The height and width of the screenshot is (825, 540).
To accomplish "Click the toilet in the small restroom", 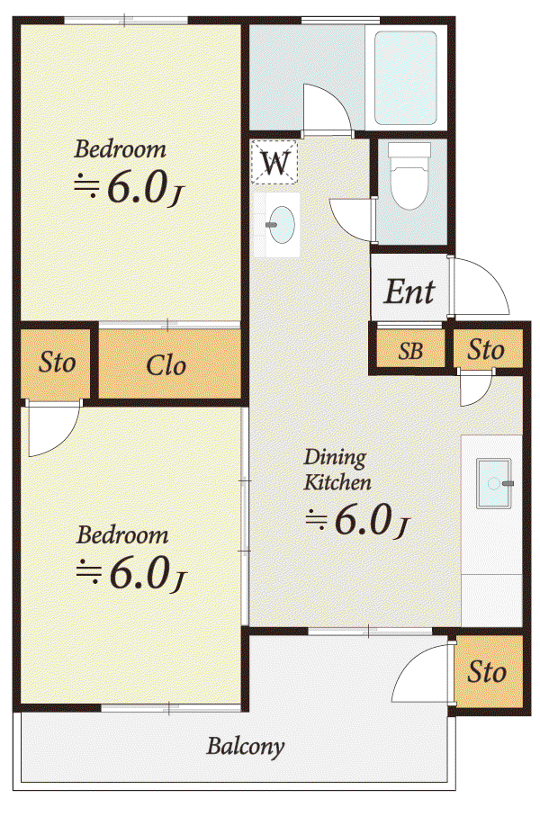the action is point(409,175).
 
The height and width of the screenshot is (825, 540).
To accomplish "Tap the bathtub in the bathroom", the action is point(405,77).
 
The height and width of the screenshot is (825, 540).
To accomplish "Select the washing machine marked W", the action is point(274,162).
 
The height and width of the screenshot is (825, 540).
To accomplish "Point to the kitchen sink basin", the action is point(494,483).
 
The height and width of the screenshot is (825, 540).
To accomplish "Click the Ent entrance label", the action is point(409,292).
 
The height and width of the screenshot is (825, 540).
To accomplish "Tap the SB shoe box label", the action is point(410,351).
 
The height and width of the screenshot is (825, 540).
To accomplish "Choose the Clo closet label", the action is point(166,365).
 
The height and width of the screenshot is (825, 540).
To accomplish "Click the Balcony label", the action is point(246,747).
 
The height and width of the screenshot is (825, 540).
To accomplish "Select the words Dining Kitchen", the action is point(337,470).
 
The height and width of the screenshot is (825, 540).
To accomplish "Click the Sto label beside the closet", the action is point(57,363).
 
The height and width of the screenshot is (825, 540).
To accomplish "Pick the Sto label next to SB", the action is point(486,350).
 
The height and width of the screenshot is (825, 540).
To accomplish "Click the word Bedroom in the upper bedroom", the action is point(120,149).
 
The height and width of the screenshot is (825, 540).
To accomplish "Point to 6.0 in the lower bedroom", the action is point(139,574).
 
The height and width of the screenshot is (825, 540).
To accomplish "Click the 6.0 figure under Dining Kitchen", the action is point(364,521).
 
